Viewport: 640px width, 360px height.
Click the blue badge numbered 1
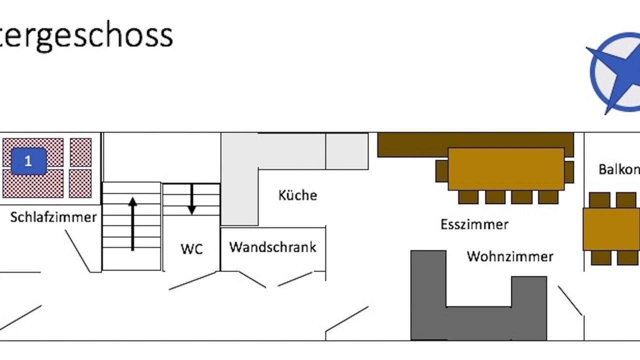point(28,161)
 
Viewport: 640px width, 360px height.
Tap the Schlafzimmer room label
point(53,217)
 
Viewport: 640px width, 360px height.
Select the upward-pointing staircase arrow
point(132,223)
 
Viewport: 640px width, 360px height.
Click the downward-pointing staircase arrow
point(191,199)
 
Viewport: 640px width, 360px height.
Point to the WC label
point(191,249)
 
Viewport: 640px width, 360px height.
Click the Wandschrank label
point(273,247)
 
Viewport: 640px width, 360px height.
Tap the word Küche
point(297,195)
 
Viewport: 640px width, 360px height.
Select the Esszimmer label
point(474,224)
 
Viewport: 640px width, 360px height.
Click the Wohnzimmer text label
point(510,256)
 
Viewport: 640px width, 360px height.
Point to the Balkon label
point(619,169)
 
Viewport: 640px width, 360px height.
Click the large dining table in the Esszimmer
point(505,168)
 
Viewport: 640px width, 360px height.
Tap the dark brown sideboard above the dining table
point(410,145)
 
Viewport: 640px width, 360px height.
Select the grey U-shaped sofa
point(478,320)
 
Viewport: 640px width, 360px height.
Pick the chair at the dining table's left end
point(441,171)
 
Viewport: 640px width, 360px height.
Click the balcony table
point(611,229)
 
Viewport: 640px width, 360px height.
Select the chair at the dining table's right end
point(569,171)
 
